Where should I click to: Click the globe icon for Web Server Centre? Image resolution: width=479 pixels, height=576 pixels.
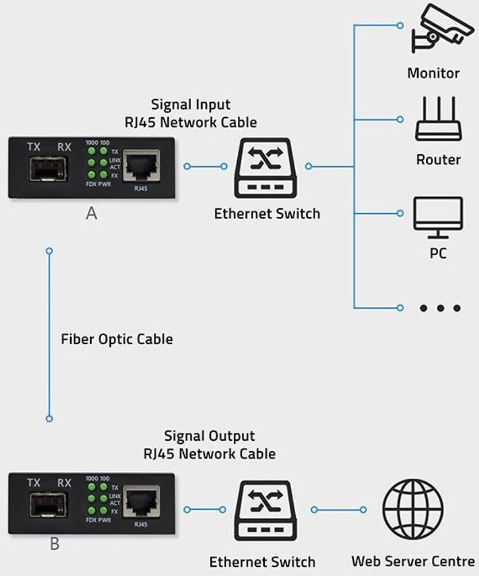coord(413,509)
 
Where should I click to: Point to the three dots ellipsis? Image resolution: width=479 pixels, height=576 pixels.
coord(440,308)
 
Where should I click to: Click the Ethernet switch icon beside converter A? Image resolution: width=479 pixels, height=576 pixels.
coord(265,167)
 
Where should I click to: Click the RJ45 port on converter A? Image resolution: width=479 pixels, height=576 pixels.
coord(141,166)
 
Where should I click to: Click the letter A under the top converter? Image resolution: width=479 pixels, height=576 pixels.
coord(91,214)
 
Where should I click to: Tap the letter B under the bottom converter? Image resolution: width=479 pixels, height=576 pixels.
coord(55,543)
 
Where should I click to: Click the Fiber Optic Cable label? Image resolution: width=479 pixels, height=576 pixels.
coord(117,339)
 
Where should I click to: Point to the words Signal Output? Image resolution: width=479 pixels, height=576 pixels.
coord(209,436)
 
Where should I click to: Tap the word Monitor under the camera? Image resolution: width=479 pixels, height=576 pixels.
coord(433,73)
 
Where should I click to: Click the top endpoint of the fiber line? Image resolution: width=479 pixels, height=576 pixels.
coord(49,251)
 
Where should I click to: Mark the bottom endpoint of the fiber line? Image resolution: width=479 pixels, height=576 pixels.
coord(49,418)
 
